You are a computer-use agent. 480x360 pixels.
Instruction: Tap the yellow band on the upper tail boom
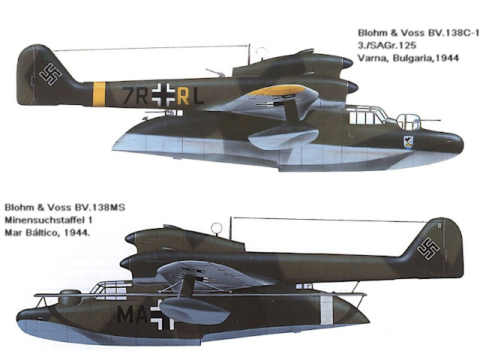pos(98,94)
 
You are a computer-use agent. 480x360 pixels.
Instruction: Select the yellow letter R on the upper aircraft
pos(182,95)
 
